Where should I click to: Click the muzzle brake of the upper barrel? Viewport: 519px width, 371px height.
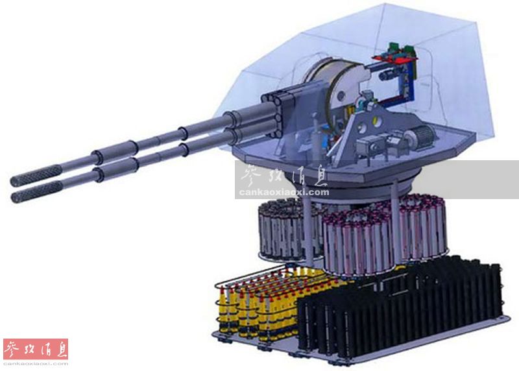pyautogui.click(x=36, y=175)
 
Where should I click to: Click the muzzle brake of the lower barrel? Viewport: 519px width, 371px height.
pyautogui.click(x=36, y=192)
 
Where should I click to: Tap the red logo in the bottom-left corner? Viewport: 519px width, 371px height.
pyautogui.click(x=36, y=349)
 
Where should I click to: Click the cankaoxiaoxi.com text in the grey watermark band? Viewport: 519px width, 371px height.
pyautogui.click(x=284, y=192)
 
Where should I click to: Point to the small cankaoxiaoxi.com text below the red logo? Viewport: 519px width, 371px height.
pyautogui.click(x=36, y=363)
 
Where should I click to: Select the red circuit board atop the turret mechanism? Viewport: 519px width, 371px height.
pyautogui.click(x=394, y=58)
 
